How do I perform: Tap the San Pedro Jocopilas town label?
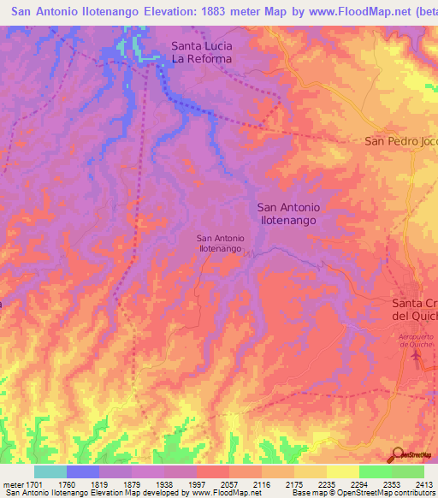click(400, 141)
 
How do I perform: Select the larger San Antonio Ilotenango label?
click(288, 213)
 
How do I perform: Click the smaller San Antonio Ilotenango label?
click(221, 243)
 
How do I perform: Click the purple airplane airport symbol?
click(417, 354)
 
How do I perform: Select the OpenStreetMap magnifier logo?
click(397, 454)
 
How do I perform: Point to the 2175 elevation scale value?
click(278, 483)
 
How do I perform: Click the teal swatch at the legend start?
click(50, 471)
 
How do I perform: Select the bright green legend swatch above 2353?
click(375, 471)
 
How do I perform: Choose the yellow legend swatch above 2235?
click(342, 471)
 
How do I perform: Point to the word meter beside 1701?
click(10, 483)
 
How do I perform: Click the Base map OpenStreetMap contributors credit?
click(363, 493)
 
